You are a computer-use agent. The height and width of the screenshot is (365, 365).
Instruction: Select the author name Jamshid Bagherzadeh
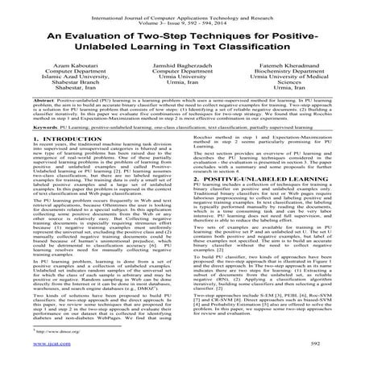181,73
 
